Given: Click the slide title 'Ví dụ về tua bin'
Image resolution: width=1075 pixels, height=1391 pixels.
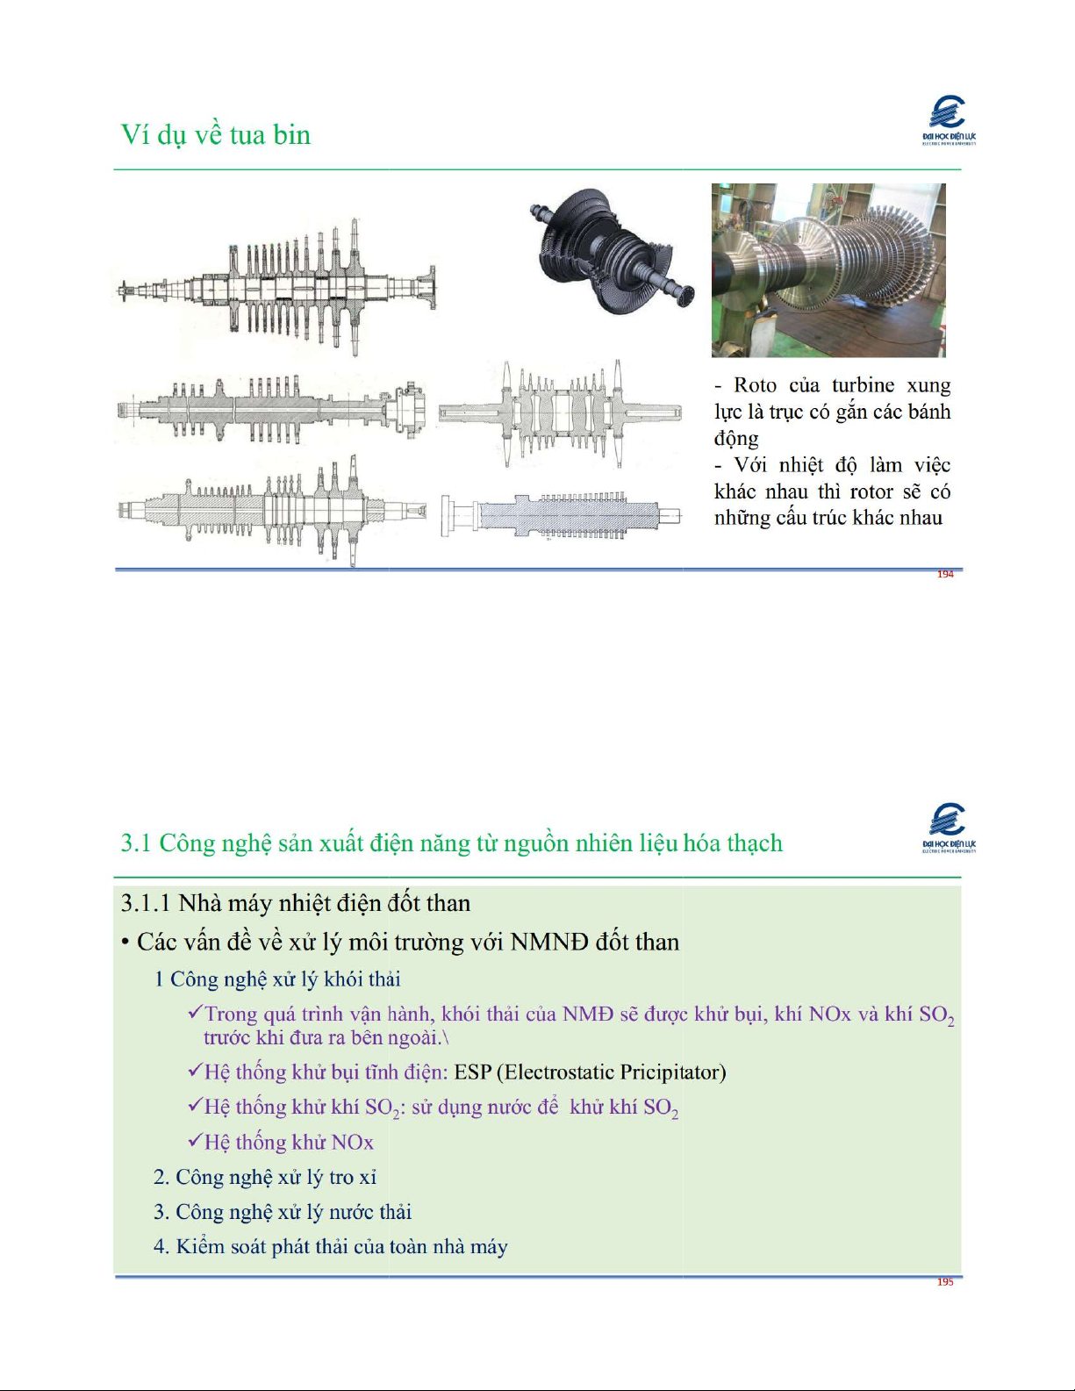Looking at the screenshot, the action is [x=216, y=135].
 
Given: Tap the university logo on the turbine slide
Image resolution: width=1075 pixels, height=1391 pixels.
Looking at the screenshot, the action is [x=949, y=120].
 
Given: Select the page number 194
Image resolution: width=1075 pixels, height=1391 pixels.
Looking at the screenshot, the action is [x=945, y=574].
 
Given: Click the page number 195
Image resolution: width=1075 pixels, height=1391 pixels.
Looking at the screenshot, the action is [x=945, y=1281].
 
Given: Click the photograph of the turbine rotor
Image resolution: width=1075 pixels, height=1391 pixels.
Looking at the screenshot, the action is [x=828, y=270].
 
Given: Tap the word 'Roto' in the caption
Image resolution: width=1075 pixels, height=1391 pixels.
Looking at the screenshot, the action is [x=755, y=385].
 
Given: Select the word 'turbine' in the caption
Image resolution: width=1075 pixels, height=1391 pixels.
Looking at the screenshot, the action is [x=864, y=385].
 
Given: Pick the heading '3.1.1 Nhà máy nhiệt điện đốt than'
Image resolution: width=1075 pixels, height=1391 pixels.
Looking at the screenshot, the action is [x=296, y=903].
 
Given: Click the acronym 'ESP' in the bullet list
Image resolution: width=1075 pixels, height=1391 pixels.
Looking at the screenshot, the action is [x=472, y=1072].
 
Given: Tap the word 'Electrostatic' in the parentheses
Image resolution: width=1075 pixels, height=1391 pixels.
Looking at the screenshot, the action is [x=553, y=1072].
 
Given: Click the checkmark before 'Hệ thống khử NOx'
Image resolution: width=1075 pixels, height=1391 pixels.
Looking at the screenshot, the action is [x=195, y=1140].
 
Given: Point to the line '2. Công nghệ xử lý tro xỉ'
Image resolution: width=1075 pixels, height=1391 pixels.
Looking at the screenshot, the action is [x=265, y=1177].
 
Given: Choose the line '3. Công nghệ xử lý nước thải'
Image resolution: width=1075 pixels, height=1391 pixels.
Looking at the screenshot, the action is [x=283, y=1212].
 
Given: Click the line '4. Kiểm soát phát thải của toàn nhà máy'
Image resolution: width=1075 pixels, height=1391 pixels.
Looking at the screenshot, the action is [x=331, y=1247].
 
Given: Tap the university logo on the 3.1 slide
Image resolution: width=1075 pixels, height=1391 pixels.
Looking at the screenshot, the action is [x=949, y=828].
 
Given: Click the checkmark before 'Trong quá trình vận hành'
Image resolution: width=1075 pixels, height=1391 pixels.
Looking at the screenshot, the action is [x=195, y=1012].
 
